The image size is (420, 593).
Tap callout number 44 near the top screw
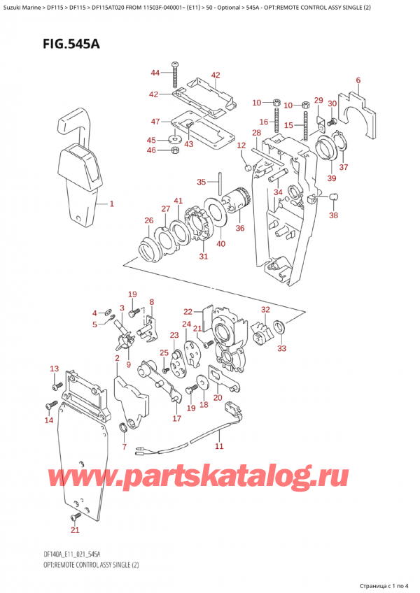point(155,73)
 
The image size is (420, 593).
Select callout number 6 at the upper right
point(358,80)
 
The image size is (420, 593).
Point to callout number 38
point(333,215)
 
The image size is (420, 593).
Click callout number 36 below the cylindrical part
point(240,227)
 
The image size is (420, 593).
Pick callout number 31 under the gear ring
point(204,256)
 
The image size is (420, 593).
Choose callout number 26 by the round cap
point(148,222)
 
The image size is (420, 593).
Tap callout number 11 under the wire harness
point(218,445)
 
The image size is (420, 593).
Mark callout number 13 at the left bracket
point(54,369)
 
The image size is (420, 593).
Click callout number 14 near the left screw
point(48,420)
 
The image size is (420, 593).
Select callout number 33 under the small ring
point(282,348)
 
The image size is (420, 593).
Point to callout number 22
point(188,312)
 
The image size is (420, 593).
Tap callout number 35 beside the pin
point(201,182)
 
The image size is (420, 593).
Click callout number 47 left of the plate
point(155,122)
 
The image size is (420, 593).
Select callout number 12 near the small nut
point(241,145)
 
